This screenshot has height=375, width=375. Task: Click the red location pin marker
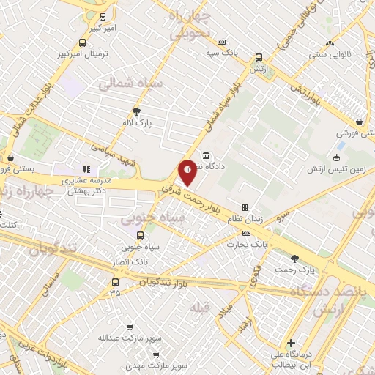click(x=187, y=172)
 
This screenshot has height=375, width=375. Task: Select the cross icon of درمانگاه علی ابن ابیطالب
click(x=292, y=342)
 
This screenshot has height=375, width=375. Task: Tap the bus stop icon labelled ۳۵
click(x=115, y=282)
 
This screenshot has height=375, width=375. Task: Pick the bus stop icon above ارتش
click(x=259, y=57)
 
